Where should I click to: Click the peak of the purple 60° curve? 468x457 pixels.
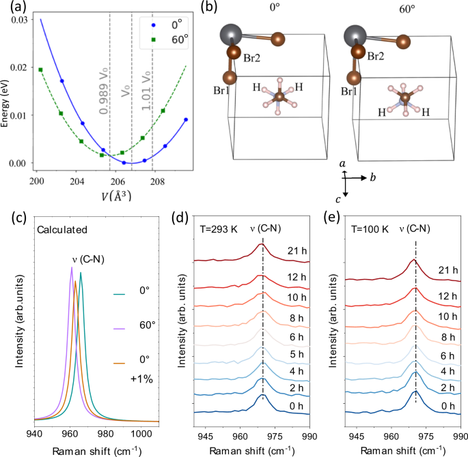click(72, 267)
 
